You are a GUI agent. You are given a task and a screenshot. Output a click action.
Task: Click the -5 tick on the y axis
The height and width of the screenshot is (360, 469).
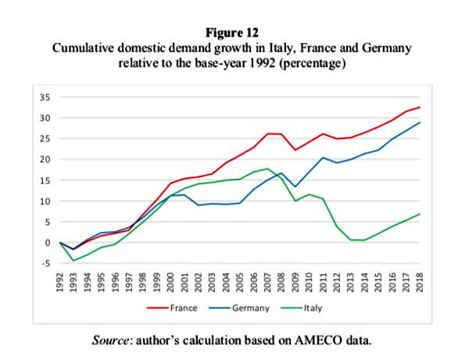(x=45, y=263)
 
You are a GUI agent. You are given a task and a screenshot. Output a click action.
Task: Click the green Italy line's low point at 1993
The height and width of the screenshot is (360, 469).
(x=73, y=260)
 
